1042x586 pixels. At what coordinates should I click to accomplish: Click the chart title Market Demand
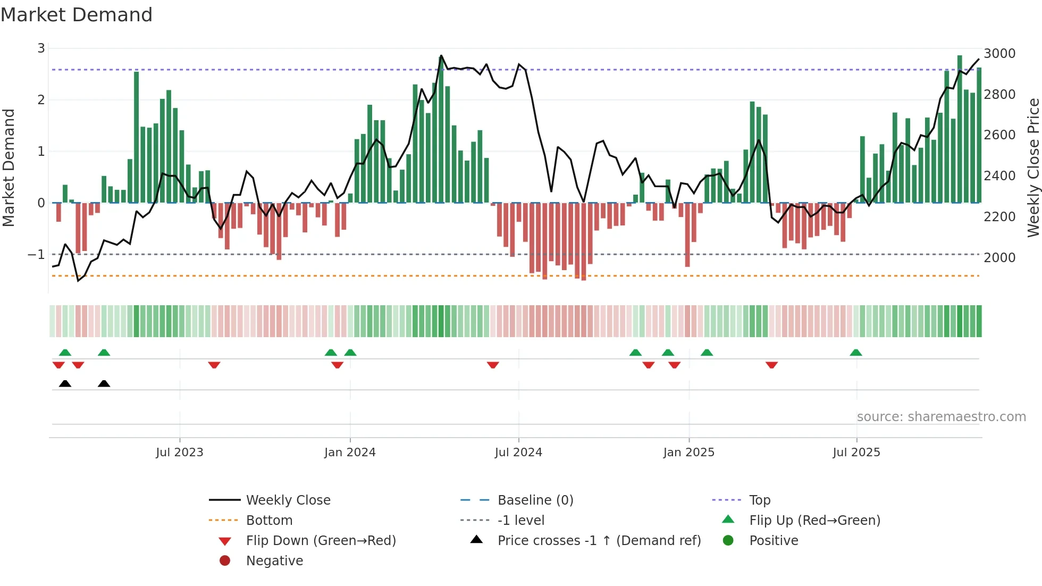coord(77,15)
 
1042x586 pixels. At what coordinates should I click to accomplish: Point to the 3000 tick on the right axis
coord(999,53)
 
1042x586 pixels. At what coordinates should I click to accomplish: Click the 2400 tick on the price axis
coord(999,175)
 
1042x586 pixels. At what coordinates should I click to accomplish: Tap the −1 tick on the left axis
coord(36,254)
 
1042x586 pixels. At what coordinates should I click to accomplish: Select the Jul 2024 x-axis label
coord(518,453)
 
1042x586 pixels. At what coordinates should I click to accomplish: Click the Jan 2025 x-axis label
coord(688,453)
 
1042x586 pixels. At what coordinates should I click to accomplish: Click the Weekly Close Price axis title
coord(1033,168)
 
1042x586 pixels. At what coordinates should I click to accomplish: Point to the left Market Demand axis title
coord(9,168)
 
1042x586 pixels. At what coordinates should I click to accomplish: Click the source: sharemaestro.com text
coord(941,417)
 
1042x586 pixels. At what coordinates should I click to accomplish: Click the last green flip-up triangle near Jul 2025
coord(856,353)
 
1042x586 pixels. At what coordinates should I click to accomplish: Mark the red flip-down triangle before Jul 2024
coord(493,365)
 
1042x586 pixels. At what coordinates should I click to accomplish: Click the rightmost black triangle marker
coord(104,383)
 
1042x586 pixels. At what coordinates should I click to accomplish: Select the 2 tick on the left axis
coord(41,99)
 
